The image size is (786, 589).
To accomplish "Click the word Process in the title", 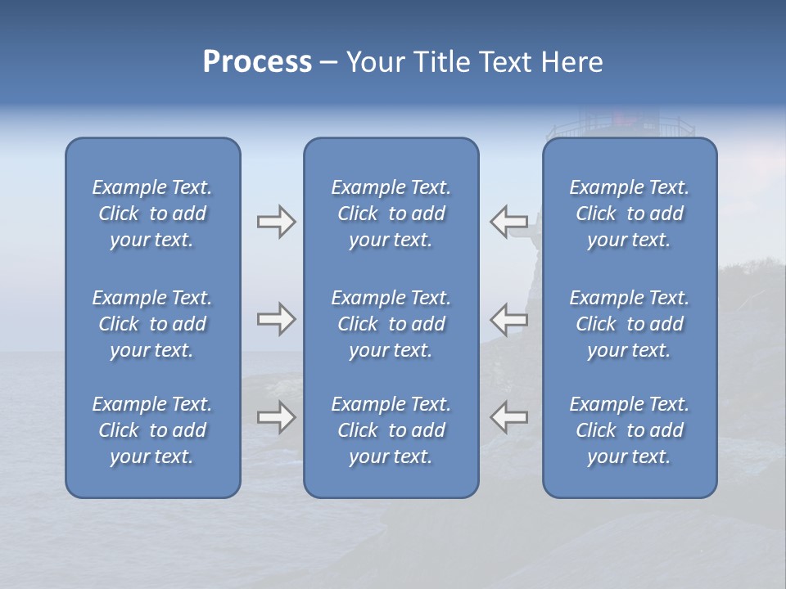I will click(x=257, y=62).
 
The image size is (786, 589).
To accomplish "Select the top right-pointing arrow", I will click(x=276, y=221).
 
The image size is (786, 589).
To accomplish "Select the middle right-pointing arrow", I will click(x=276, y=319).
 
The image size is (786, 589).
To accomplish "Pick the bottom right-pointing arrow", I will click(x=276, y=417).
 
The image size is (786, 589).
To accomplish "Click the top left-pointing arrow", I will click(x=508, y=221).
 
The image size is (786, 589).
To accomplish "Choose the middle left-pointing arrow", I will click(x=508, y=319).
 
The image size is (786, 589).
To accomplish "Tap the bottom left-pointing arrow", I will click(x=508, y=417).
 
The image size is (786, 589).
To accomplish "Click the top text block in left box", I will click(x=152, y=214).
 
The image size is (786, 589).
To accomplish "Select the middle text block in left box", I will click(x=152, y=324).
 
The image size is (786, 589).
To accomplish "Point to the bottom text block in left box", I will click(x=152, y=430).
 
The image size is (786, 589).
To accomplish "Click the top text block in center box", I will click(x=391, y=214).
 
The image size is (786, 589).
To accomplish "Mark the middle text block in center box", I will click(x=391, y=324).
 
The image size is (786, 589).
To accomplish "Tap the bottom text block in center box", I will click(x=391, y=430).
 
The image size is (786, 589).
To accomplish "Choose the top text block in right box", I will click(x=629, y=214).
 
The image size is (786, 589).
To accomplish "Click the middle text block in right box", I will click(x=629, y=324).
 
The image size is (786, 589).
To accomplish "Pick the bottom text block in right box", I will click(x=629, y=430).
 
